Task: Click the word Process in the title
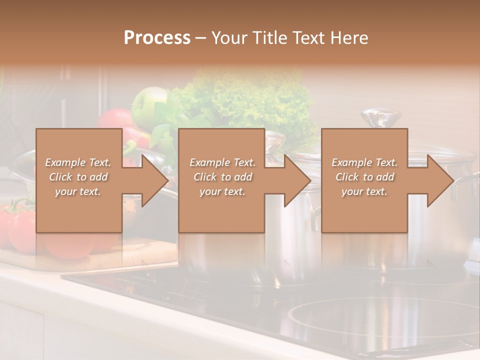click(157, 38)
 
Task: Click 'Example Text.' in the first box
click(78, 162)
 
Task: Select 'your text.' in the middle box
click(222, 191)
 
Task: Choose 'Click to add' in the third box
click(365, 177)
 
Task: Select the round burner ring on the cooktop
click(380, 320)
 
